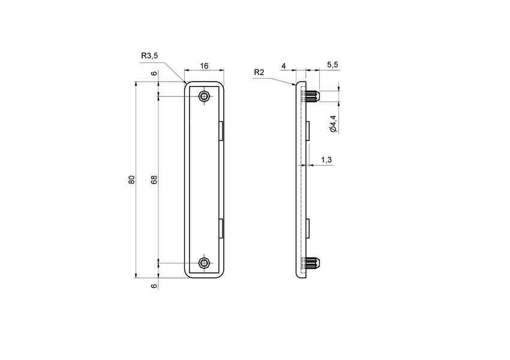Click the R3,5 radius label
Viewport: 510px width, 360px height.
pyautogui.click(x=149, y=56)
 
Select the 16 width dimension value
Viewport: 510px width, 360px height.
pyautogui.click(x=205, y=66)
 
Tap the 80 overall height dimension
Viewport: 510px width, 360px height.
pyautogui.click(x=131, y=180)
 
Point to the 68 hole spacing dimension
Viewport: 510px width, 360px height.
pyautogui.click(x=154, y=180)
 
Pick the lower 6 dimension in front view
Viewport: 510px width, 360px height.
pyautogui.click(x=154, y=286)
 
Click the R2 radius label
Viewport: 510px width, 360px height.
pyautogui.click(x=259, y=72)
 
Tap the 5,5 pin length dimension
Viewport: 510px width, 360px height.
pyautogui.click(x=332, y=64)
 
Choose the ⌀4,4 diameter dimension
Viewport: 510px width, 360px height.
pyautogui.click(x=333, y=123)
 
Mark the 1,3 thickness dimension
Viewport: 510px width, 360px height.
pyautogui.click(x=326, y=160)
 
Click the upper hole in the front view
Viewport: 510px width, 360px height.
pyautogui.click(x=205, y=97)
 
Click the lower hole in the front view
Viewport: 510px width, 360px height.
pyautogui.click(x=205, y=263)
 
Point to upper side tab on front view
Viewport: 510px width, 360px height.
pyautogui.click(x=221, y=130)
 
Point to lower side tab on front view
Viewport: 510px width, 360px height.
pyautogui.click(x=221, y=229)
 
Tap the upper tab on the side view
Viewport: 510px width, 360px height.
pyautogui.click(x=308, y=130)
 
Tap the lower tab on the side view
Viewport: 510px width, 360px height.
pyautogui.click(x=308, y=229)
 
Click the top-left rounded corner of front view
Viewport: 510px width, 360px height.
pyautogui.click(x=187, y=85)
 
